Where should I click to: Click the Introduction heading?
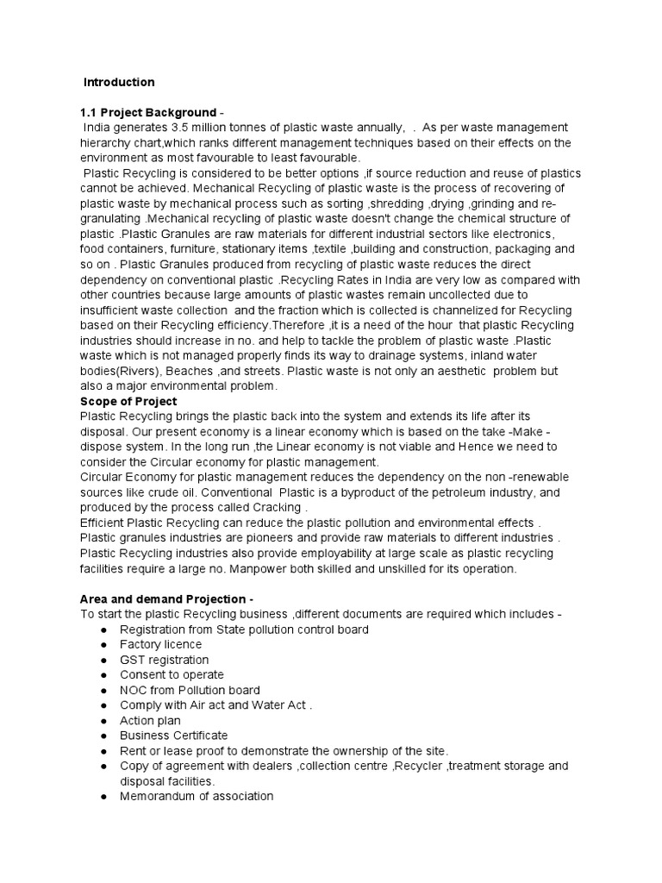119,83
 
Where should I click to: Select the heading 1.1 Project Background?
147,112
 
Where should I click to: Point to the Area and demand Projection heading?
167,599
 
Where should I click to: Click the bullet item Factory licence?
160,644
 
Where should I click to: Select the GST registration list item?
164,660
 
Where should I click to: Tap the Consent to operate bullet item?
172,674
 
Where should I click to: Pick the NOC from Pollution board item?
190,690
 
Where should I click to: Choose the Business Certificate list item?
173,736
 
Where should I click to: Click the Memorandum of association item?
197,796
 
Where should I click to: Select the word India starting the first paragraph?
98,128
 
